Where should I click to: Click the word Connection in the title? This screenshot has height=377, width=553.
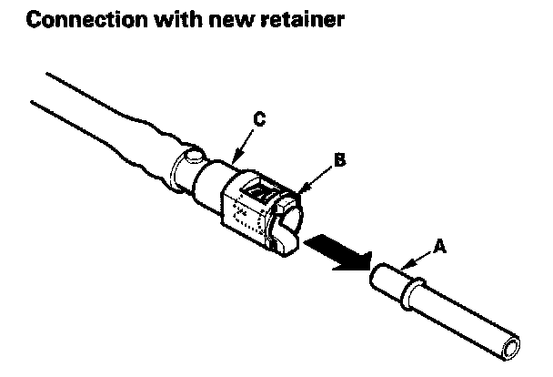point(72,20)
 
